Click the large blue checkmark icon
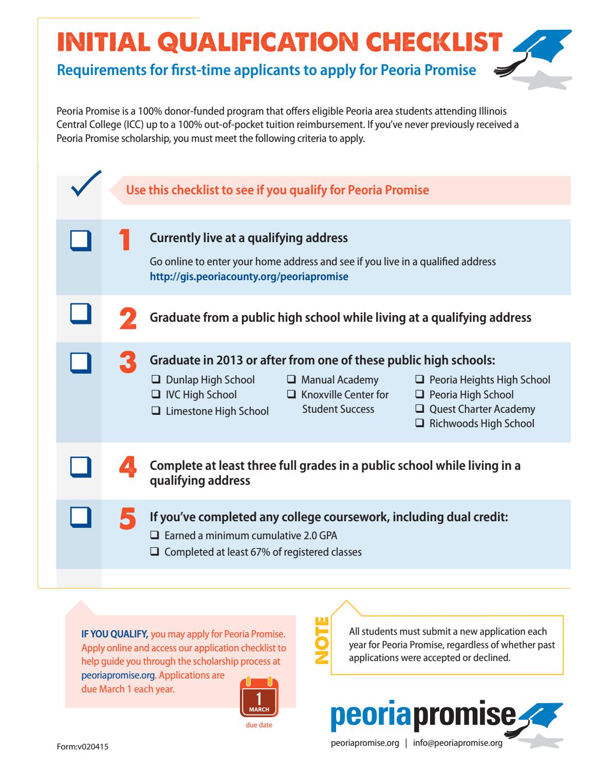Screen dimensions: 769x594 [x=86, y=184]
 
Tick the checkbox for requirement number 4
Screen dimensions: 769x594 [x=81, y=467]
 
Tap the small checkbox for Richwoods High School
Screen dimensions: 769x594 [x=419, y=424]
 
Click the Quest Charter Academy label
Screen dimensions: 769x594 [x=482, y=410]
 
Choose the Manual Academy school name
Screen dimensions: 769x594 [x=339, y=380]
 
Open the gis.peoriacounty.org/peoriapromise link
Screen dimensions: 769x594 [x=249, y=277]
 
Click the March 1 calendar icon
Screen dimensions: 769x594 [x=259, y=698]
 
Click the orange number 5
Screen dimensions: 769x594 [x=128, y=519]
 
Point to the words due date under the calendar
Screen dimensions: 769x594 [x=259, y=725]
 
